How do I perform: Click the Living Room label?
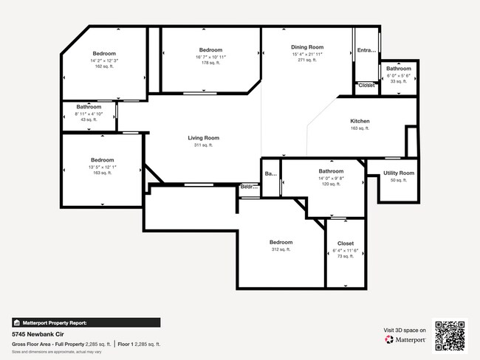(x=203, y=138)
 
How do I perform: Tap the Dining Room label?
(x=307, y=47)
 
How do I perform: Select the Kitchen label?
(x=360, y=121)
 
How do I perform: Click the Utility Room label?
(x=399, y=173)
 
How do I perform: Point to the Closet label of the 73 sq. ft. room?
(x=346, y=243)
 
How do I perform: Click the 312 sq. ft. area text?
(x=281, y=249)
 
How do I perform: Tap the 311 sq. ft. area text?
(x=203, y=145)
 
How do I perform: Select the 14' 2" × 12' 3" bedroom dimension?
(x=104, y=60)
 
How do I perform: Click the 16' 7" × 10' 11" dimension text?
(x=210, y=57)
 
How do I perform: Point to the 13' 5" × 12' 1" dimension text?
(x=103, y=167)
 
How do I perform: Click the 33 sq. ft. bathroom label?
(x=398, y=69)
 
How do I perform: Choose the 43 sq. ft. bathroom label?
(x=89, y=107)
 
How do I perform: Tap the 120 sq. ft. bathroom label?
(x=331, y=171)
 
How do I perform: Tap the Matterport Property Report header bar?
(x=86, y=322)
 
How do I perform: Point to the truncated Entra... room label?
(x=366, y=51)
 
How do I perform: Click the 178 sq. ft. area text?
(x=210, y=63)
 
